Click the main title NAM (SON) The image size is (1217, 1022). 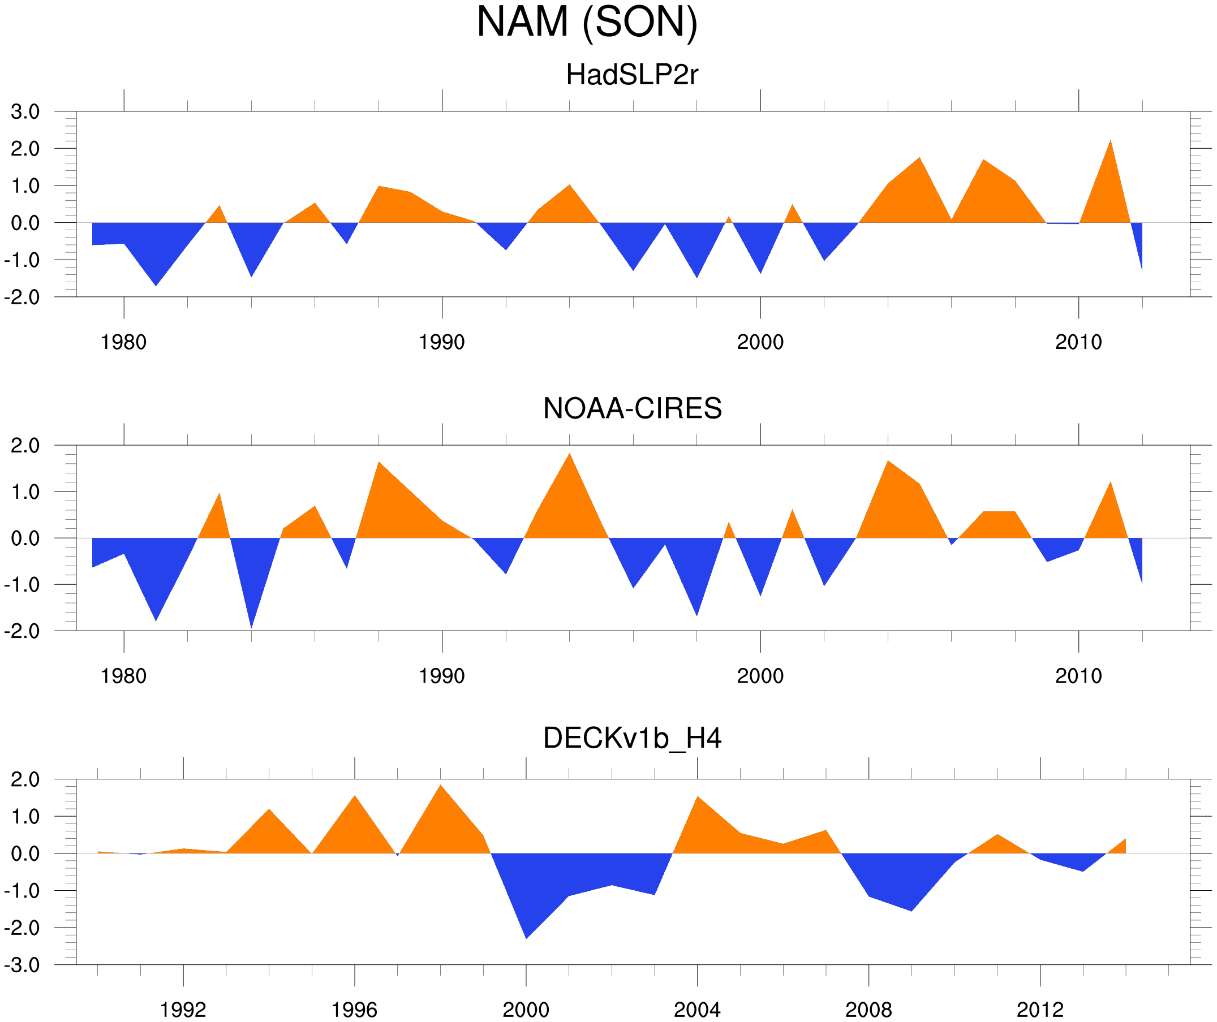point(587,22)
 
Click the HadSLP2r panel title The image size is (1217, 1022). point(631,75)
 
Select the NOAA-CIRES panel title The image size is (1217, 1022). point(632,408)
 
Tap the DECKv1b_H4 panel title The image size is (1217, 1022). point(631,738)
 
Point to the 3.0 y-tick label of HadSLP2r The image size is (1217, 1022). point(25,112)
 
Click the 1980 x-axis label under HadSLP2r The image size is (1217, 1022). point(123,342)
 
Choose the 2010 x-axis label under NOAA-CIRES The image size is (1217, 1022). point(1078,676)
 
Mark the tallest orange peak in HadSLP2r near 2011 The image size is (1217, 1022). point(1110,141)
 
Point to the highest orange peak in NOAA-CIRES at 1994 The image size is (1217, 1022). point(570,454)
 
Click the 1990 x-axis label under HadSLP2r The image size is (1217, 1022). point(442,342)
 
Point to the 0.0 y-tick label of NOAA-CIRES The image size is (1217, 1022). point(25,538)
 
